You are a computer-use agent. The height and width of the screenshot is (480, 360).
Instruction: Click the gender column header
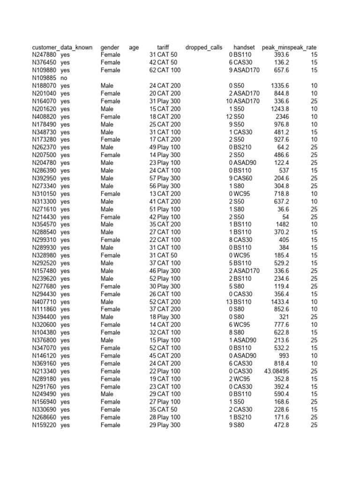click(x=110, y=47)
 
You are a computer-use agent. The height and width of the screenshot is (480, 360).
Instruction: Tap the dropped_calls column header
click(x=204, y=47)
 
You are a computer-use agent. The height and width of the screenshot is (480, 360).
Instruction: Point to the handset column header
click(x=244, y=47)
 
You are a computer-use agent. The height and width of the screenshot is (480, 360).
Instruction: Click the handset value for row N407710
click(x=242, y=302)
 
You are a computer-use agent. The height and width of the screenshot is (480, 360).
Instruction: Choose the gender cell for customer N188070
click(x=107, y=86)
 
